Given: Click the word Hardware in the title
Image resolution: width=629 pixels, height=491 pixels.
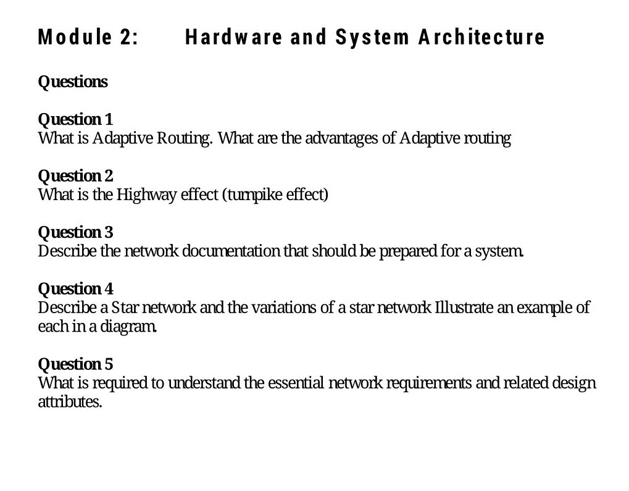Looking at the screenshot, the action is (x=234, y=37).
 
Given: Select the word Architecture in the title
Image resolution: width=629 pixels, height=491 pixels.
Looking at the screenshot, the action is (x=481, y=37).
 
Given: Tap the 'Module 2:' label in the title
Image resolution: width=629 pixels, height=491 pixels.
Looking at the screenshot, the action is (x=88, y=37).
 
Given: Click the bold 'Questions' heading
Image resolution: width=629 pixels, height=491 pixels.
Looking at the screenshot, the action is (x=73, y=82).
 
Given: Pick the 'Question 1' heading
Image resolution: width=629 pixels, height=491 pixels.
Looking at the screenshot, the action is (x=75, y=119).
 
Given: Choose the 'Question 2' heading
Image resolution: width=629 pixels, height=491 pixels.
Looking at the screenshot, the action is (x=75, y=176).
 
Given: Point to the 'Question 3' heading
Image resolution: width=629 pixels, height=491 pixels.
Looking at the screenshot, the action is (x=75, y=232).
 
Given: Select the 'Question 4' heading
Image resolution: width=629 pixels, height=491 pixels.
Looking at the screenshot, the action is (x=75, y=289).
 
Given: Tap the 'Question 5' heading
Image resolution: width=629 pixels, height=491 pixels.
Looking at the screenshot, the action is (x=75, y=364).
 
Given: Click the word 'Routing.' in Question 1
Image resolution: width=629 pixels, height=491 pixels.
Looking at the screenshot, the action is (x=185, y=138).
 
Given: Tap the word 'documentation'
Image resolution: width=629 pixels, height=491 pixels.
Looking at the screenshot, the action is (x=231, y=251).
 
